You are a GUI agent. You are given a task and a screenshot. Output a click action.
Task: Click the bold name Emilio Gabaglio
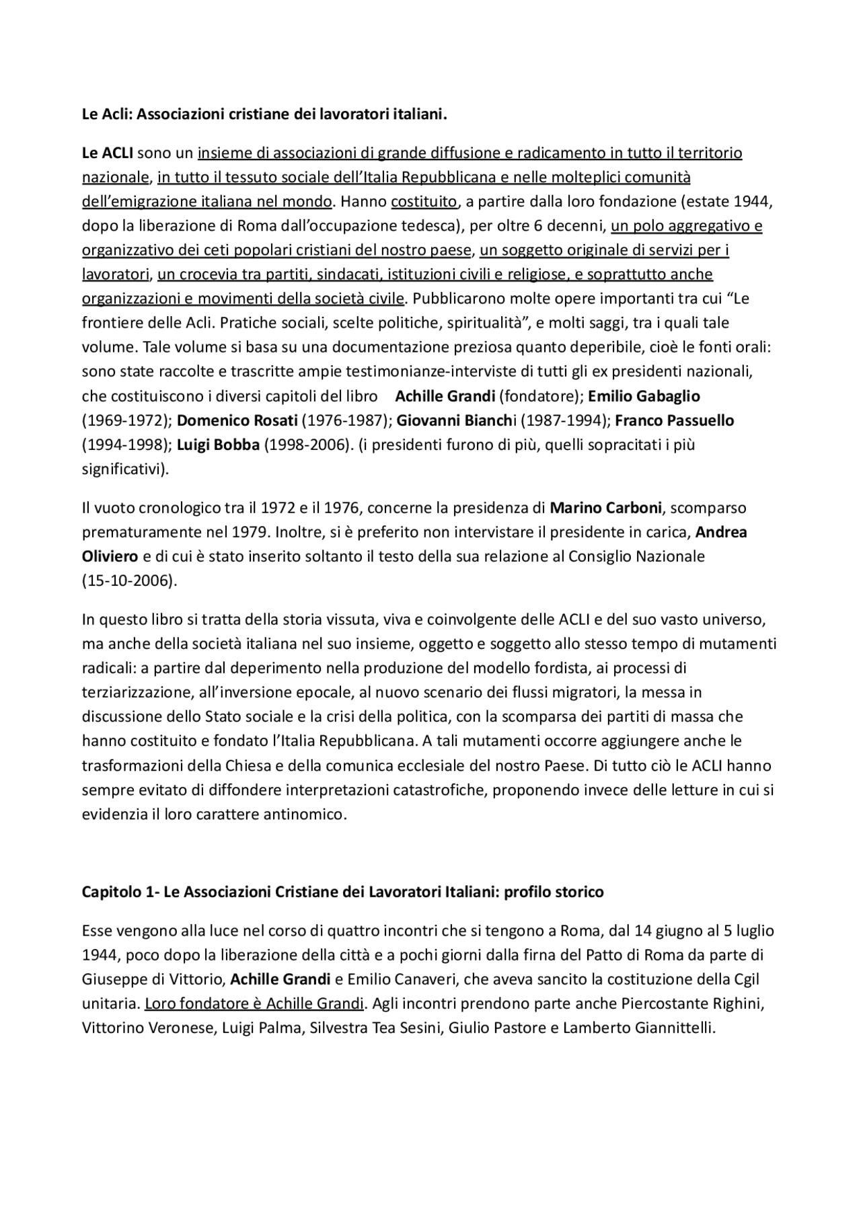tap(644, 396)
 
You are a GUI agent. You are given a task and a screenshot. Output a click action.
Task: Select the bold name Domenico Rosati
tap(237, 420)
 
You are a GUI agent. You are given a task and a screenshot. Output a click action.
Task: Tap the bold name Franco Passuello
tap(674, 420)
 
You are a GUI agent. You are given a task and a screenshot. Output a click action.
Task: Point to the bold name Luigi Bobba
tap(218, 445)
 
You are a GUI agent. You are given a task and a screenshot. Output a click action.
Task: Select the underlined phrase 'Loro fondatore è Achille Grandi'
tap(254, 1003)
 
